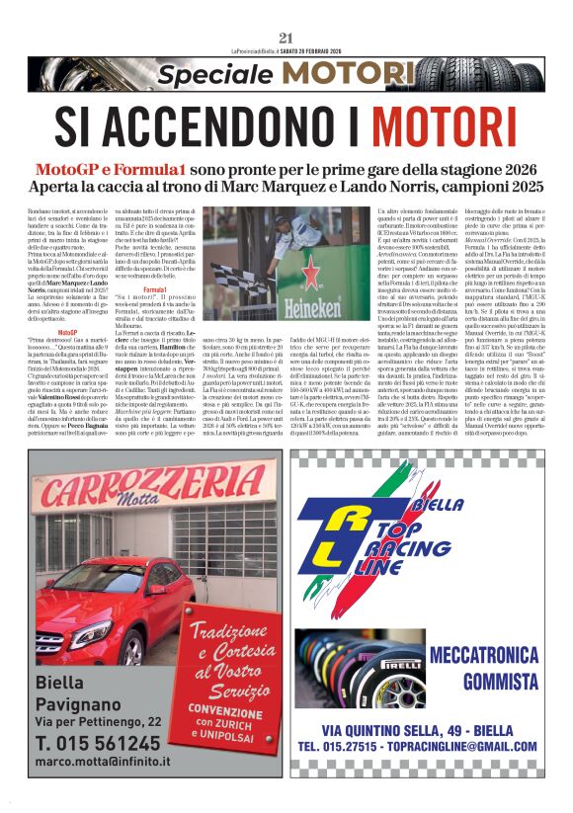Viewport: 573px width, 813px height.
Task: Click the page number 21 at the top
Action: (286, 10)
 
